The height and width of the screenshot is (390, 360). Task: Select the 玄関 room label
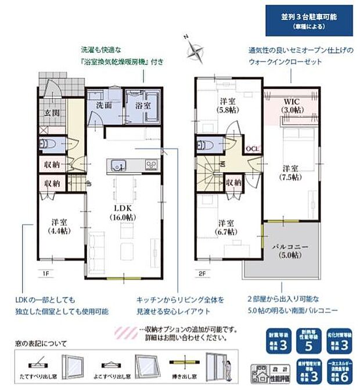tap(48, 112)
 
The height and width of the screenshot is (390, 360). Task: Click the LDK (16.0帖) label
tap(124, 212)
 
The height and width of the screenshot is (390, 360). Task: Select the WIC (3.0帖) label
tap(292, 105)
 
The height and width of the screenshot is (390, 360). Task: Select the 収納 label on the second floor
tap(234, 182)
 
